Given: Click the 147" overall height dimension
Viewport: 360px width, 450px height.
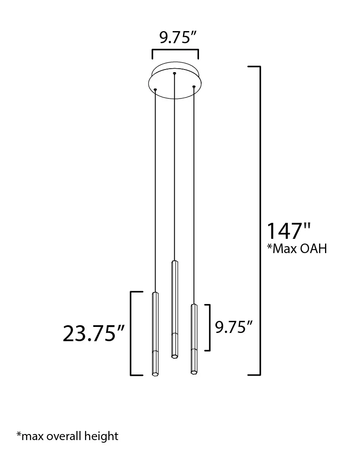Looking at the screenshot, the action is click(x=289, y=231).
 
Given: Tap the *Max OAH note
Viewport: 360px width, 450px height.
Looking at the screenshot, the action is click(x=297, y=248).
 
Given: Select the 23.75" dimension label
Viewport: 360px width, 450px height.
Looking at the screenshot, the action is click(x=94, y=333).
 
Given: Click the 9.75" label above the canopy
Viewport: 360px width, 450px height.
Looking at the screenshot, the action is click(x=178, y=37).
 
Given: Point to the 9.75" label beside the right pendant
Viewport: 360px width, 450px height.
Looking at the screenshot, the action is click(x=234, y=327).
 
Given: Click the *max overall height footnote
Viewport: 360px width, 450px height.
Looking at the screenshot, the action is click(x=67, y=436).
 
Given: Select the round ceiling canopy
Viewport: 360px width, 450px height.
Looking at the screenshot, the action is click(x=175, y=80).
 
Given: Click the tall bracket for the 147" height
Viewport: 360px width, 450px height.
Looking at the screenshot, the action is click(x=260, y=221).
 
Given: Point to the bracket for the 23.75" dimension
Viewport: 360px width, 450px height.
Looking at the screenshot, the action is click(x=131, y=333).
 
